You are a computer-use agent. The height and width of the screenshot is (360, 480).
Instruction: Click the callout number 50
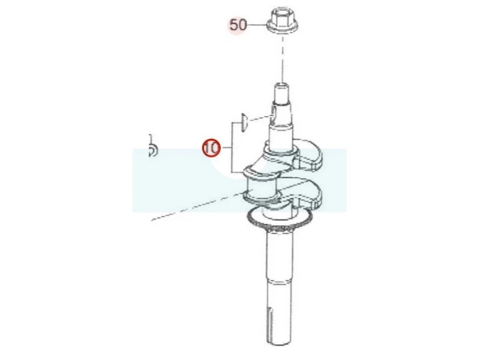(x=238, y=25)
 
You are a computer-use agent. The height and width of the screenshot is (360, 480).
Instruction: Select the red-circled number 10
(x=211, y=148)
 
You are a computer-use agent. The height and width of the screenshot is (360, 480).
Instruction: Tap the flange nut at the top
(x=283, y=21)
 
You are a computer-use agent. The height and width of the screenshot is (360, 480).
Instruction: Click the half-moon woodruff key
(x=244, y=122)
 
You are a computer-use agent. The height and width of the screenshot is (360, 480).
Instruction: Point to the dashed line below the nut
(x=283, y=58)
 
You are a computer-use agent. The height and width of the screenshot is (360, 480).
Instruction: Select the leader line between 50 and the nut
(x=257, y=25)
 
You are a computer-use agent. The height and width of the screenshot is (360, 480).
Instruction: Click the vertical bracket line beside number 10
(x=232, y=148)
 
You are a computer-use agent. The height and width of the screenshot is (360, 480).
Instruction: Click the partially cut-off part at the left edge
(x=152, y=146)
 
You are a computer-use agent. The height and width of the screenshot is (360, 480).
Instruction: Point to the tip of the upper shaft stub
(x=282, y=85)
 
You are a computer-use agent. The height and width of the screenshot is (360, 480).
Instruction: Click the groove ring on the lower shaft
(x=279, y=280)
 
